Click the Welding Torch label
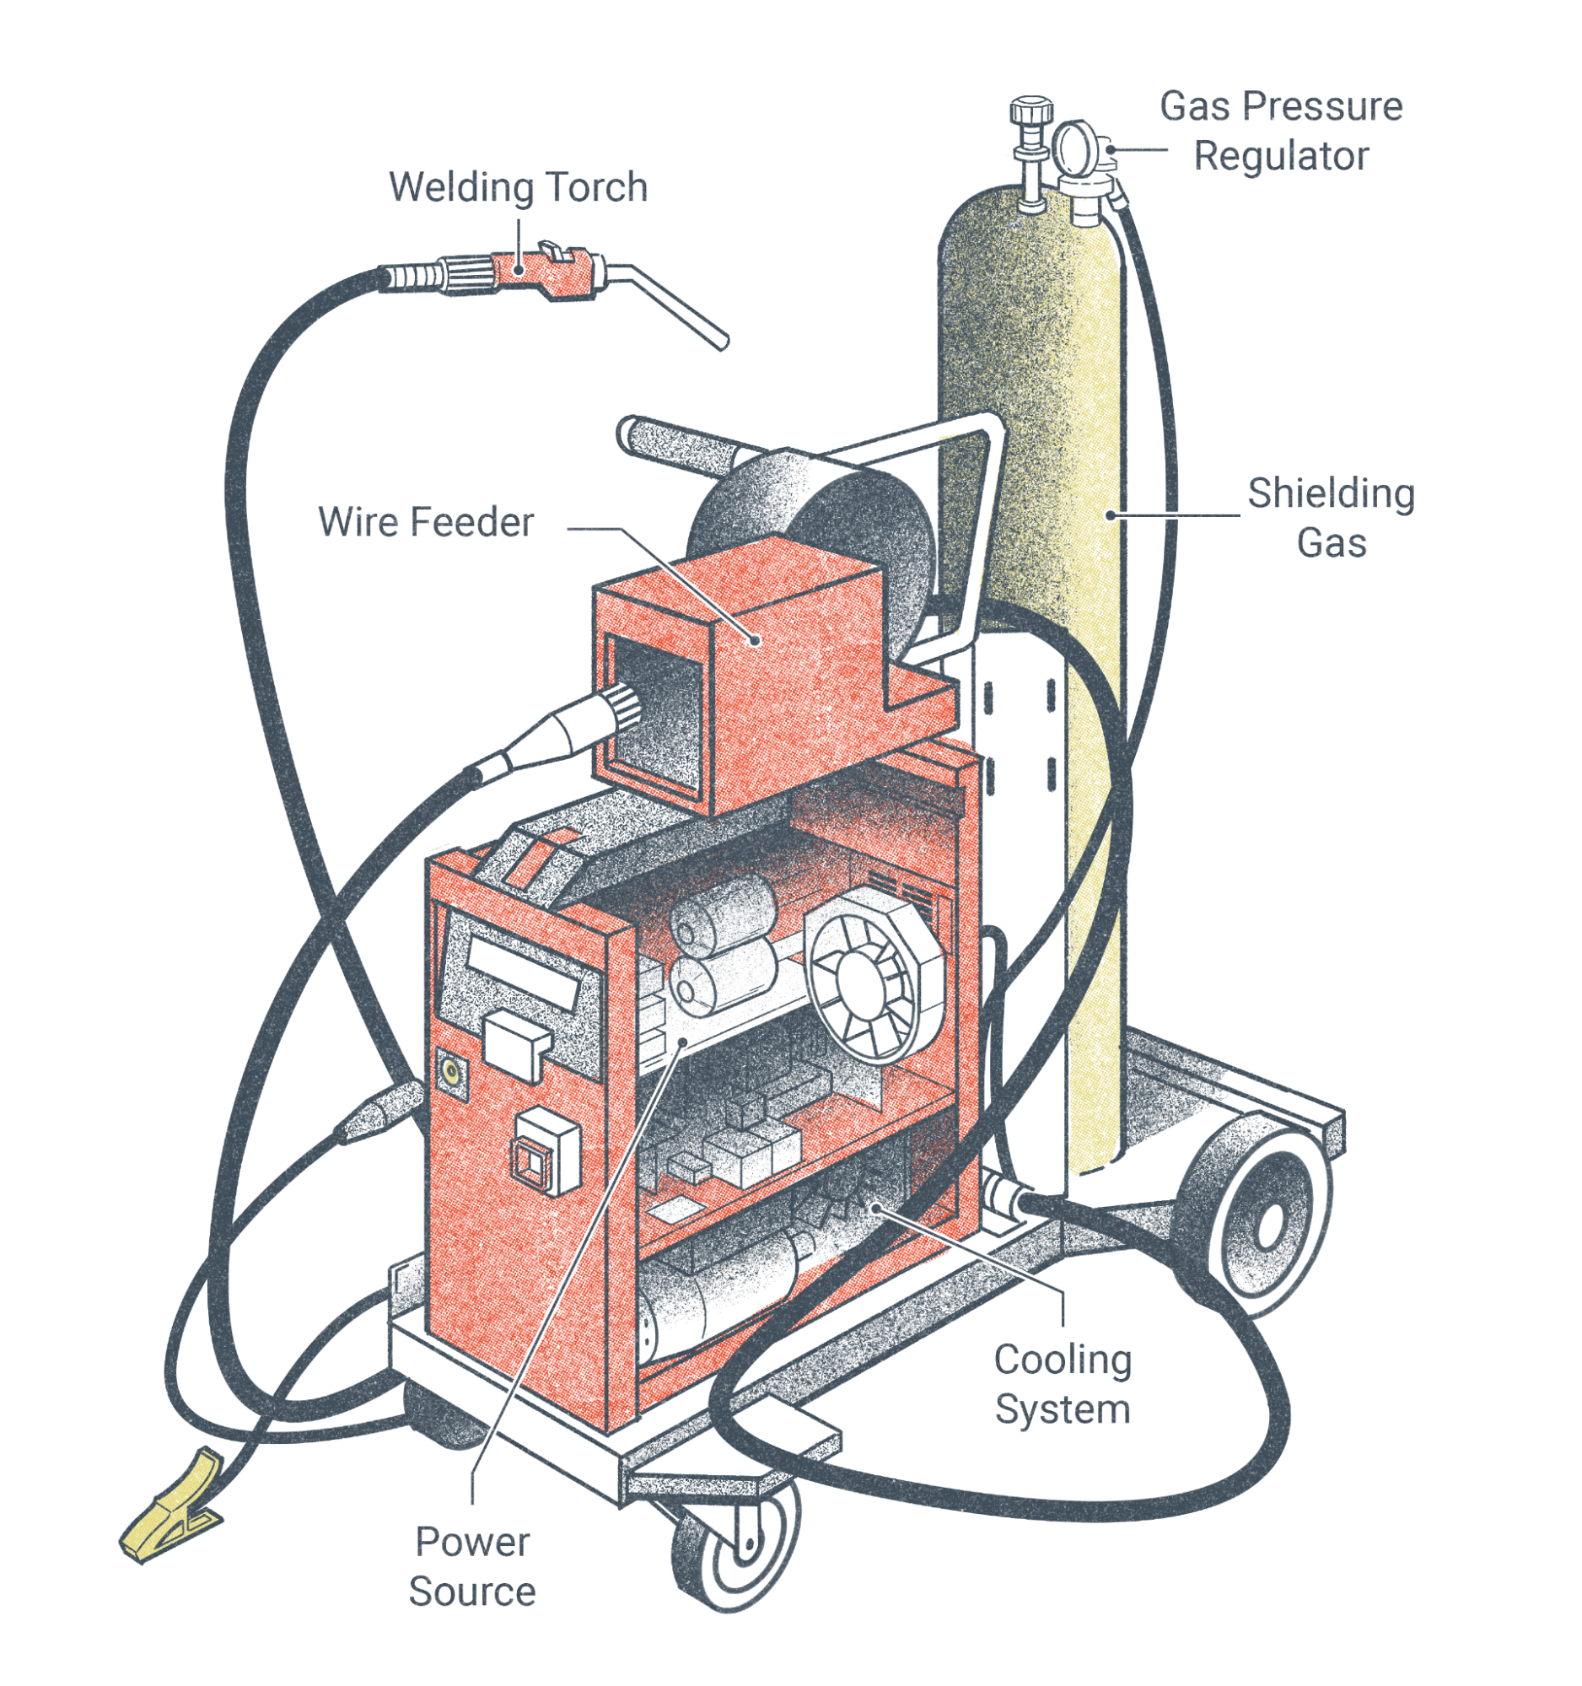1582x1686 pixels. coord(518,187)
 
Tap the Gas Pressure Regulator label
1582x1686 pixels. coord(1280,132)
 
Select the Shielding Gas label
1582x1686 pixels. coord(1331,517)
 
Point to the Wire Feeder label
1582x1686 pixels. coord(426,521)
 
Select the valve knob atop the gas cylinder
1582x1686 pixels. coord(1031,111)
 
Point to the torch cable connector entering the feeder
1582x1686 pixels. coord(560,730)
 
